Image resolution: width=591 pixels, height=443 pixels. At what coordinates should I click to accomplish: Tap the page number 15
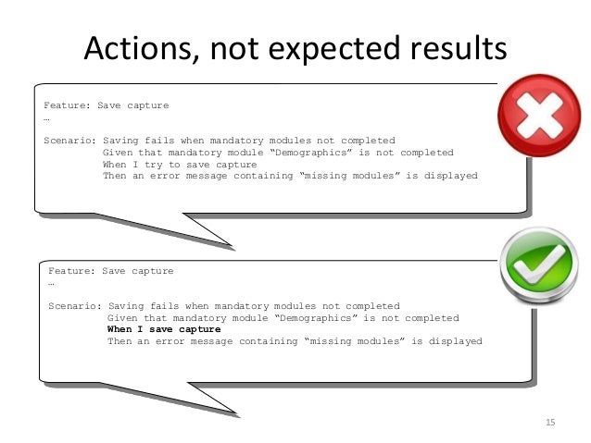[550, 423]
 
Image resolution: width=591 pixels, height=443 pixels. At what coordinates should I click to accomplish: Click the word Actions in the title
[135, 48]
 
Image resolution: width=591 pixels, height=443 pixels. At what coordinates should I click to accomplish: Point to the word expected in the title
[328, 48]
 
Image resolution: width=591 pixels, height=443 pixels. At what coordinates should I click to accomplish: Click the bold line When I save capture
[164, 329]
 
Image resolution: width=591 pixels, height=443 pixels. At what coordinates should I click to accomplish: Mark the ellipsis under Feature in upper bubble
[46, 117]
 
